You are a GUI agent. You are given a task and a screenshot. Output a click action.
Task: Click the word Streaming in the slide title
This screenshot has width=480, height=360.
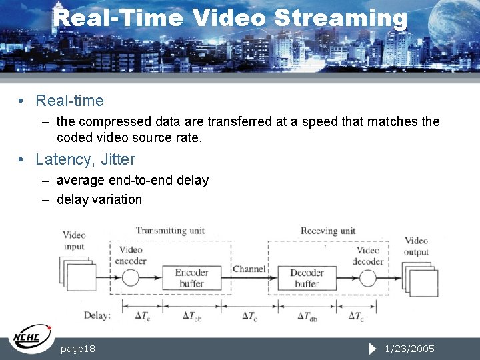pos(340,17)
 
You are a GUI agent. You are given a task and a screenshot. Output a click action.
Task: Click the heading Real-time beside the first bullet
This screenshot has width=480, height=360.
pos(69,101)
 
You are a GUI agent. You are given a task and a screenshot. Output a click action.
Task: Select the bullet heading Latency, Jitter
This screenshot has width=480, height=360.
pos(85,159)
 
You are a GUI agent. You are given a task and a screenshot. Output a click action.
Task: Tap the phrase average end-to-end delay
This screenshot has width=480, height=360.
pos(133,181)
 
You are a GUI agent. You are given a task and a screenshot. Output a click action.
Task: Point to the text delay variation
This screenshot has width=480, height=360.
pos(99,199)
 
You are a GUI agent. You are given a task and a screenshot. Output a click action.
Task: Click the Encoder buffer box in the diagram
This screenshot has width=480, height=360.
pos(191,278)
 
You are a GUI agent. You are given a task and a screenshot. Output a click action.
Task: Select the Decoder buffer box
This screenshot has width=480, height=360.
pos(307,278)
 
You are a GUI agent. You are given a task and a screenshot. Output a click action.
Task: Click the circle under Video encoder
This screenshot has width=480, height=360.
pos(131,277)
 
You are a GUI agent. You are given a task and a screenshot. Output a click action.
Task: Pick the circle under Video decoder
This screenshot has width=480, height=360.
pos(369,277)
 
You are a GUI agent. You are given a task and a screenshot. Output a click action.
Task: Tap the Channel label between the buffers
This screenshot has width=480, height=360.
pos(249,269)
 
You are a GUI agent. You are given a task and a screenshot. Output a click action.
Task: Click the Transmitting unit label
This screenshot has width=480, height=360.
pos(170,231)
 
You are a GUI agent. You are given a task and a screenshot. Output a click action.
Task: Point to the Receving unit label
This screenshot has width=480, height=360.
pos(328,231)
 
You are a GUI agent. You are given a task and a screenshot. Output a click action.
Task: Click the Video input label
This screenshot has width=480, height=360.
pos(74,241)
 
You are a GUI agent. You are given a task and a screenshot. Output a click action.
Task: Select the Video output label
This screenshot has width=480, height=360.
pos(416,247)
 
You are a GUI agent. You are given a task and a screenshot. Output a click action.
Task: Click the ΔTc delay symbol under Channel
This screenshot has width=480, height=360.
pos(249,315)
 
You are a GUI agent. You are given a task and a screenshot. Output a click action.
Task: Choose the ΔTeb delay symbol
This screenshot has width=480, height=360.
pos(193,315)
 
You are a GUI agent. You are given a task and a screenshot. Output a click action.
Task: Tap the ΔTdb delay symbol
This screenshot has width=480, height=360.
pos(307,315)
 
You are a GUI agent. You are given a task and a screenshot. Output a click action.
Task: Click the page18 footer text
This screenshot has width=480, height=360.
pos(78,349)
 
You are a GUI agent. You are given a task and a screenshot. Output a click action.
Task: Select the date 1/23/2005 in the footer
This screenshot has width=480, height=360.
pos(409,349)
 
